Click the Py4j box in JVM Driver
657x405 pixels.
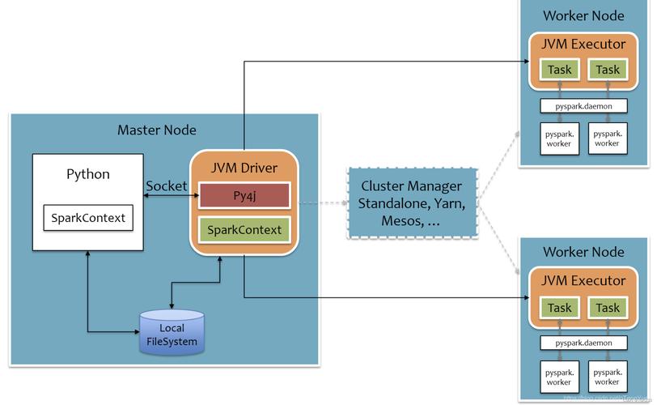point(244,195)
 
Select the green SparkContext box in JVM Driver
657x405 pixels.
point(244,230)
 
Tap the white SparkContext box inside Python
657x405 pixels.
point(87,218)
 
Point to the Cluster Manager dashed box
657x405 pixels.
point(413,202)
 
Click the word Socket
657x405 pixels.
point(166,185)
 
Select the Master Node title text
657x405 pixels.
point(157,130)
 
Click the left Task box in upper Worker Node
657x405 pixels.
point(559,70)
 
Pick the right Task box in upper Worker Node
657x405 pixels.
point(608,70)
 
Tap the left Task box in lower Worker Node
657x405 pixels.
point(559,308)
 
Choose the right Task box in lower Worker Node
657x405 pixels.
point(608,308)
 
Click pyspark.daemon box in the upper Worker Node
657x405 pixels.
point(583,105)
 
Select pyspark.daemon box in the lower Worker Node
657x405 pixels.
point(583,343)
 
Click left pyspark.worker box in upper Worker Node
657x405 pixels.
point(559,138)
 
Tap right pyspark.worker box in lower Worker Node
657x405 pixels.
point(607,377)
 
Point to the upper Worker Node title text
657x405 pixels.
point(583,15)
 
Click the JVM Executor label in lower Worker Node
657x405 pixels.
point(583,281)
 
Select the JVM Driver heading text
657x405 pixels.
point(244,168)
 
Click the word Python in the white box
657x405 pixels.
point(87,174)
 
